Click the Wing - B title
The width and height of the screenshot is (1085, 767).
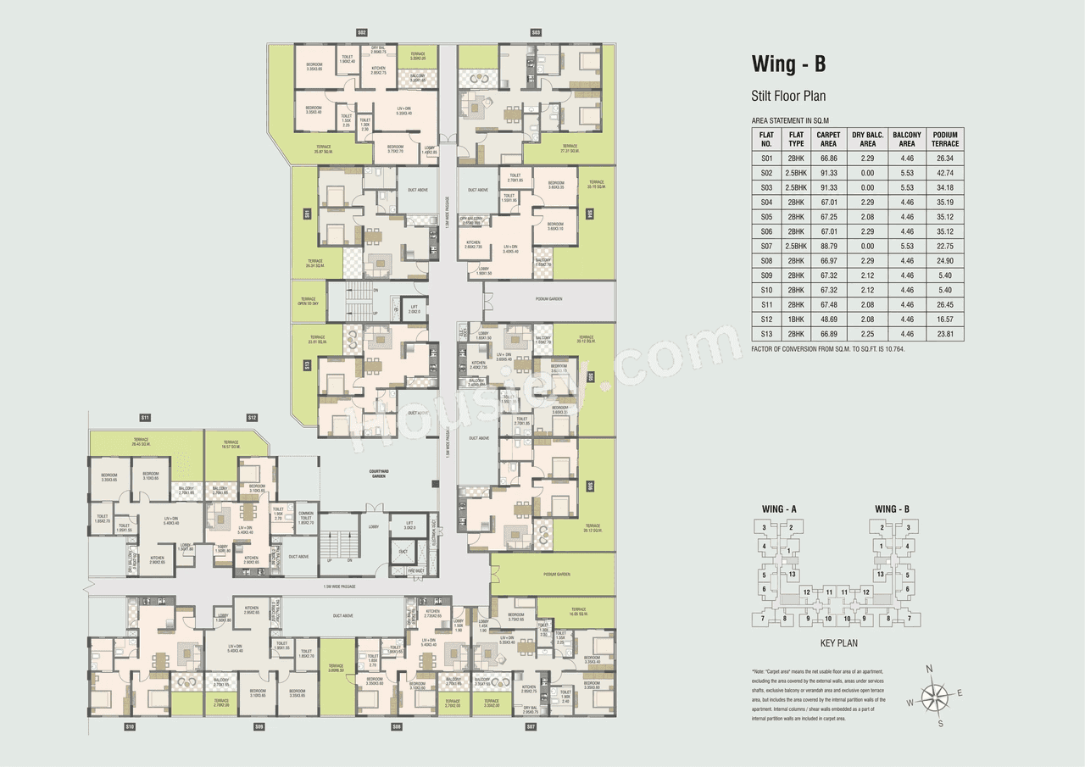788,64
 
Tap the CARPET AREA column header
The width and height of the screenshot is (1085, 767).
828,139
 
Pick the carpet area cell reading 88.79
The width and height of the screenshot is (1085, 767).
828,246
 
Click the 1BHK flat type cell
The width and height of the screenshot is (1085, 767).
796,320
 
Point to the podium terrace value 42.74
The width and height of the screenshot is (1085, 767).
945,172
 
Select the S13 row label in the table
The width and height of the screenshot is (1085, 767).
767,334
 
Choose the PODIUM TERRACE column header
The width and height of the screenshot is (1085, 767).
945,139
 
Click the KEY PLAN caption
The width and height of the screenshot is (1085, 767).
839,644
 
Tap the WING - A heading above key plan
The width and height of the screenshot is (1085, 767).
779,509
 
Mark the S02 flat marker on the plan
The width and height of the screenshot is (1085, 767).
362,32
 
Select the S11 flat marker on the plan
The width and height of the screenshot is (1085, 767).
145,418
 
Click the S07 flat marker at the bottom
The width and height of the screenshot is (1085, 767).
531,726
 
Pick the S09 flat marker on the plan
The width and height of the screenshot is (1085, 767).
259,726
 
